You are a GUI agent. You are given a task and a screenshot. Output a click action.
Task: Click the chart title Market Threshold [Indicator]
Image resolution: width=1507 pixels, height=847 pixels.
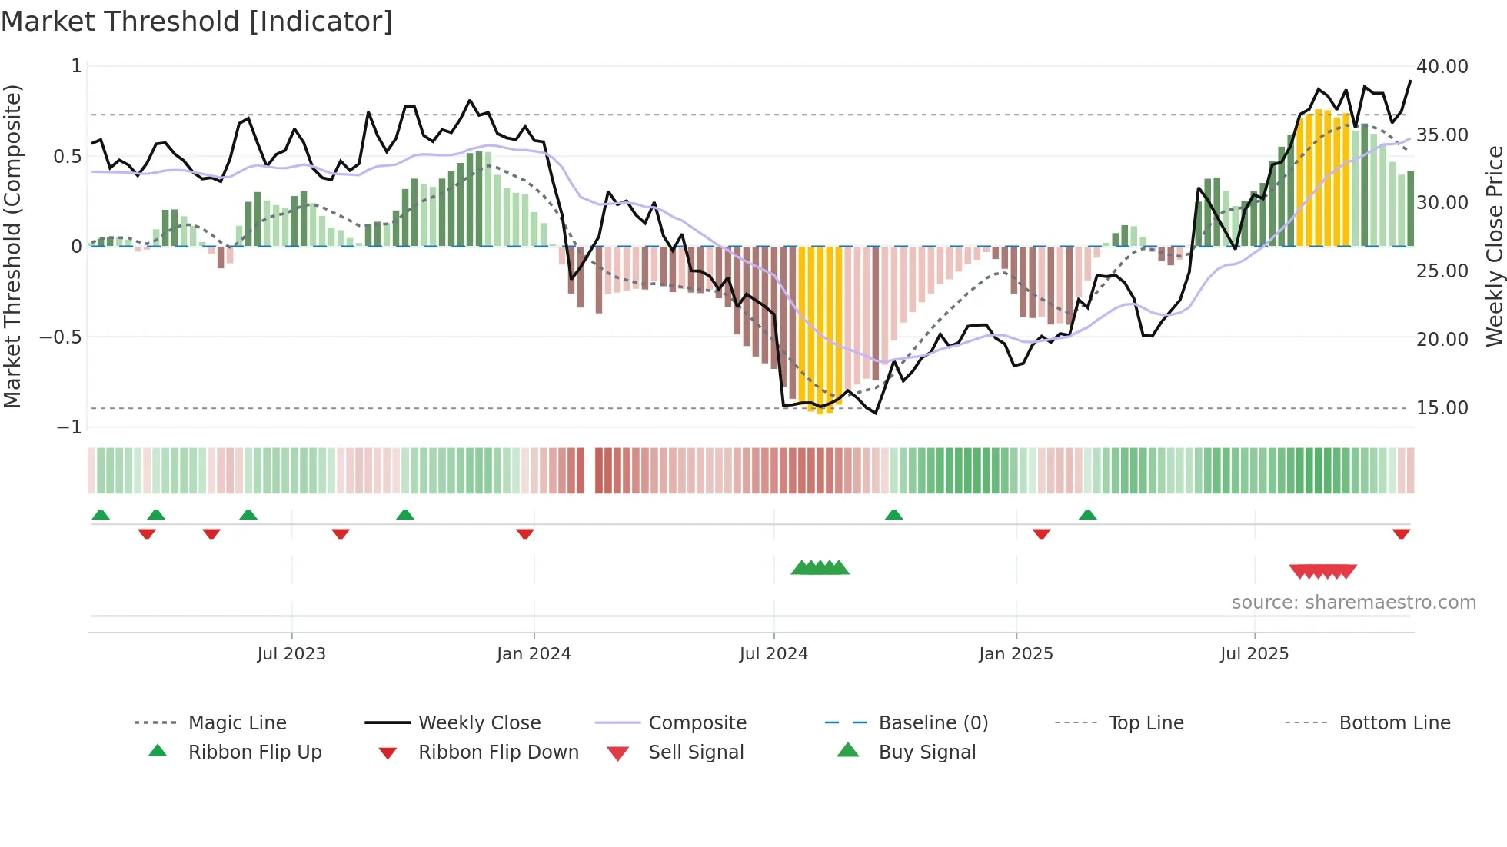(197, 22)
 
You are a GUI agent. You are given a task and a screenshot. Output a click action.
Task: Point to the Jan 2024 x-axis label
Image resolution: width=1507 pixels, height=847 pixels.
(534, 653)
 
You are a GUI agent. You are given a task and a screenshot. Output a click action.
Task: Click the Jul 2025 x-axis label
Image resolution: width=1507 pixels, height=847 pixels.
(1254, 653)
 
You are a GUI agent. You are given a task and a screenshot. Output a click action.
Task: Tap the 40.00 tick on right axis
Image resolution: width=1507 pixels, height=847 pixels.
(1442, 67)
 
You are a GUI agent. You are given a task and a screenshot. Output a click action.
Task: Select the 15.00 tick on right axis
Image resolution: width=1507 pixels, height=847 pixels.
(1442, 407)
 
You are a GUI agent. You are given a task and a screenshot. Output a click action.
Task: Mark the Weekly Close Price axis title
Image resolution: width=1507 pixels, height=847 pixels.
(1494, 246)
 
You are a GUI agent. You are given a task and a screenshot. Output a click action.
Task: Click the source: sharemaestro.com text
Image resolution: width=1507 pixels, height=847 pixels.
(1353, 602)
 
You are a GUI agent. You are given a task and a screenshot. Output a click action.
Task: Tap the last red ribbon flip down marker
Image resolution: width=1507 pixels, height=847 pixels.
(1401, 533)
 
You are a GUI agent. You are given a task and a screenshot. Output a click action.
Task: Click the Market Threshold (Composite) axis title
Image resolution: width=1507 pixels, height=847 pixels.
(12, 246)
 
